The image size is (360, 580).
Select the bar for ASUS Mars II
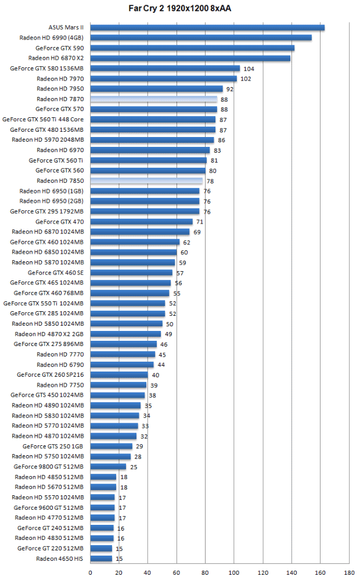tap(207, 27)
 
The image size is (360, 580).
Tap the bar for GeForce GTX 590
tap(192, 48)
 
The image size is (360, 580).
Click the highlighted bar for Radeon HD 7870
tap(154, 99)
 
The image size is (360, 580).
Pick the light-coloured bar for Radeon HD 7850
tap(146, 181)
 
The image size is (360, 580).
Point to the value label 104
tap(249, 69)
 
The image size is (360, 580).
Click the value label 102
tap(246, 79)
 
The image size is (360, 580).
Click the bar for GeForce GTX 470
tap(141, 222)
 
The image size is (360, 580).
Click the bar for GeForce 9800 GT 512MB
tap(108, 466)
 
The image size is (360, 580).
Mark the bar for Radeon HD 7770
tap(123, 354)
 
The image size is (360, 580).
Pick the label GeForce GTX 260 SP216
tap(51, 374)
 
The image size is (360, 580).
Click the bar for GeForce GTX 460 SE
tap(131, 272)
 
